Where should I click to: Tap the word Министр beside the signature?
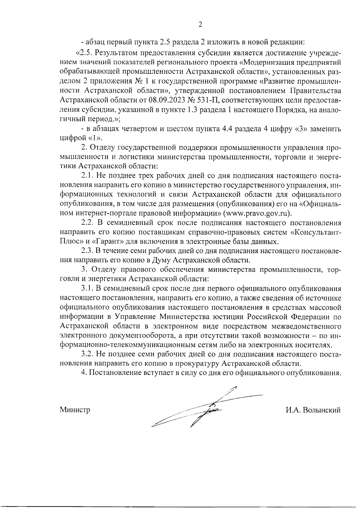click(x=75, y=410)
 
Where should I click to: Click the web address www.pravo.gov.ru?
click(x=258, y=213)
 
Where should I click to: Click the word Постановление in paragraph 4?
click(x=110, y=373)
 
